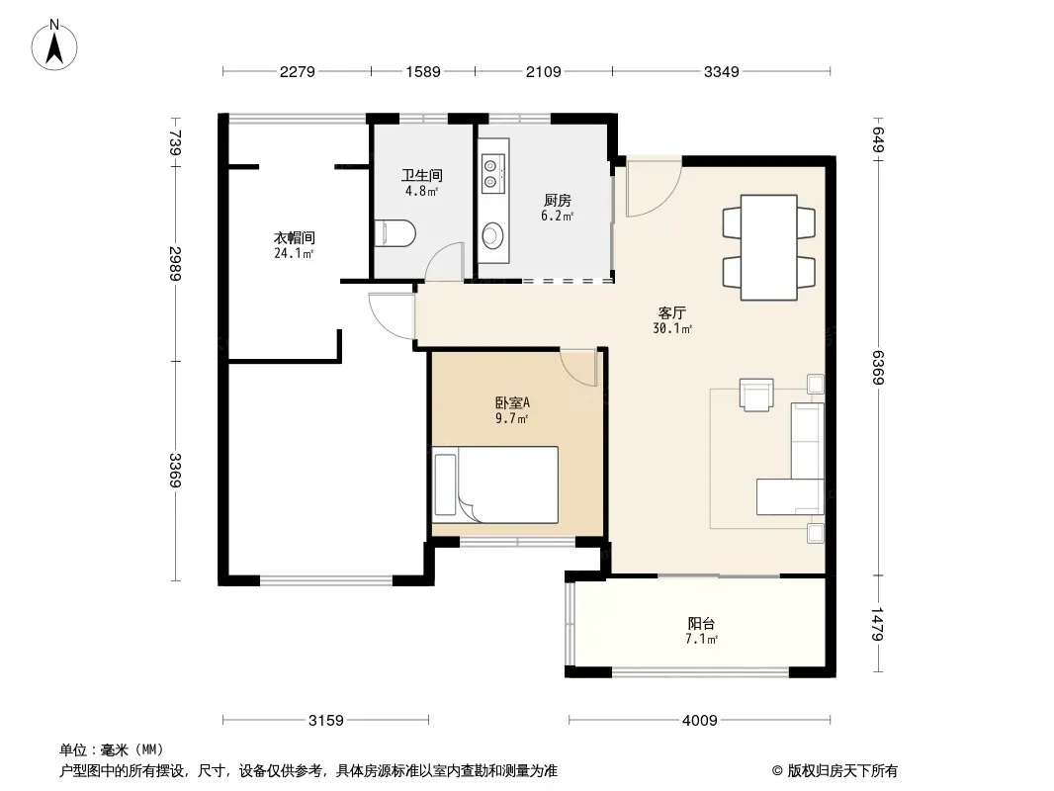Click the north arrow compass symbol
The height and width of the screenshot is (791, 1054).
point(54,45)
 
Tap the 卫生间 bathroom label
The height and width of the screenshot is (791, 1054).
point(422,175)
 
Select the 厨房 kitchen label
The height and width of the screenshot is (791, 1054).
point(558,201)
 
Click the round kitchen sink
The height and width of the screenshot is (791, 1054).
point(493,234)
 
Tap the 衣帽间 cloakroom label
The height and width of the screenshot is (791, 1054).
point(295,238)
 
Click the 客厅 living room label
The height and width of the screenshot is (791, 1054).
point(671,313)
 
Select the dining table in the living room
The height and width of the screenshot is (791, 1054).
point(769,247)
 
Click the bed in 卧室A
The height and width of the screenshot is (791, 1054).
point(495,484)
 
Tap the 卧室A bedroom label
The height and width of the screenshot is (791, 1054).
point(512,402)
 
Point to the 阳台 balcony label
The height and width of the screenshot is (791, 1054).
point(701,623)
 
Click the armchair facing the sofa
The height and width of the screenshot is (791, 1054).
point(757,394)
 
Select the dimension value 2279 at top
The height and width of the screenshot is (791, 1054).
point(297,72)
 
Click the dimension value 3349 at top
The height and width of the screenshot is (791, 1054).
point(721,72)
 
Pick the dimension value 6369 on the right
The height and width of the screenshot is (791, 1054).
point(877,368)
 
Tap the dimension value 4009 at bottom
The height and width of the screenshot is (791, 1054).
point(700,721)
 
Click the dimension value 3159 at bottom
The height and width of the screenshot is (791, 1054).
point(326,721)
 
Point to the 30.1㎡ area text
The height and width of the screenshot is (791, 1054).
point(671,328)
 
